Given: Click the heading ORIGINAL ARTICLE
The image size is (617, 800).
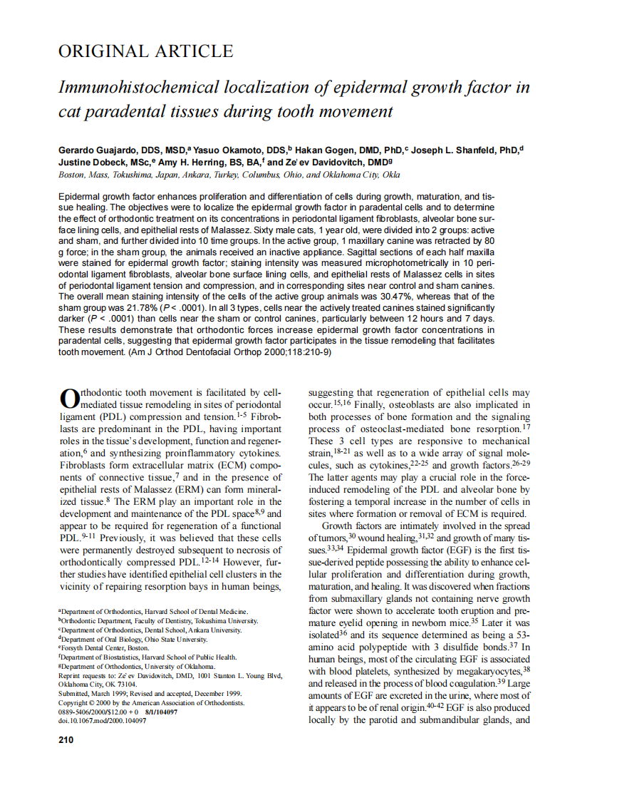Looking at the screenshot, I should pos(145,51).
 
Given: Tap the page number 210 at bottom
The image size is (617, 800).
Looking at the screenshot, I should pos(66,739).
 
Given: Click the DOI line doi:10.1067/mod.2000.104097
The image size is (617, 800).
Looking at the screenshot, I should pos(102,721).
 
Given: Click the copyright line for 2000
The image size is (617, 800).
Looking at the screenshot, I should pos(151,702).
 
